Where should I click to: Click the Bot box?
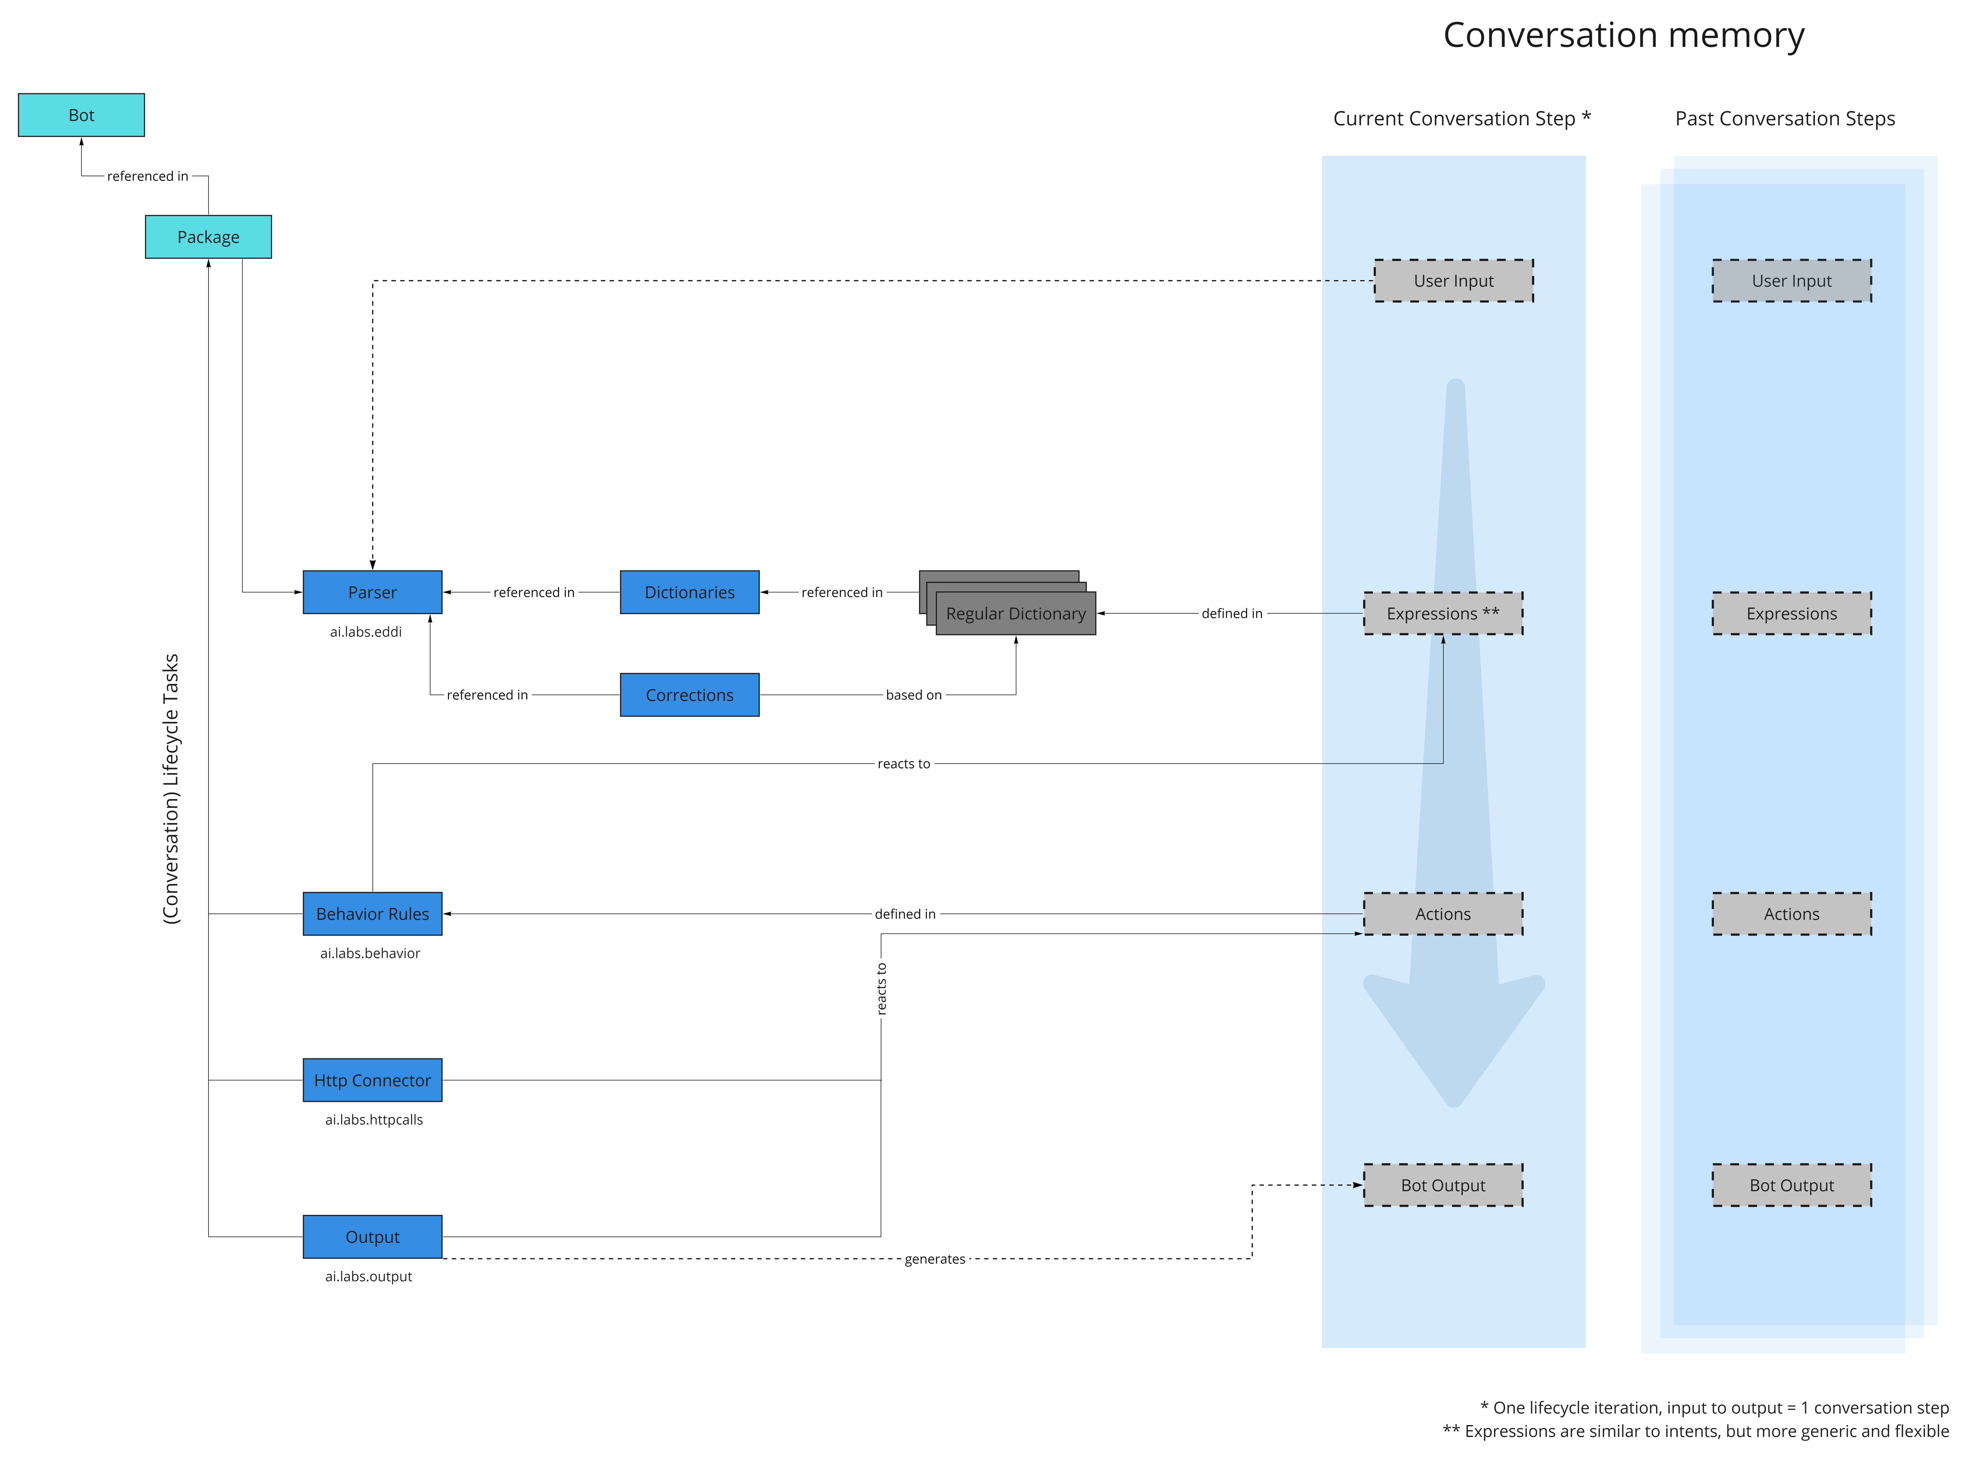click(x=81, y=115)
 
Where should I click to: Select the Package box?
click(x=208, y=236)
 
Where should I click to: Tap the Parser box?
click(x=372, y=592)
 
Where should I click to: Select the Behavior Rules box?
click(x=372, y=914)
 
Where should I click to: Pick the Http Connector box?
click(x=372, y=1080)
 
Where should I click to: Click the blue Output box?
click(x=372, y=1236)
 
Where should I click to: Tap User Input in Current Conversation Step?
click(x=1454, y=281)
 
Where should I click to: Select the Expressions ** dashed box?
click(x=1443, y=613)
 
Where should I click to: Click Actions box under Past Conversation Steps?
click(x=1792, y=914)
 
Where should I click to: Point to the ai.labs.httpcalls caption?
click(x=374, y=1119)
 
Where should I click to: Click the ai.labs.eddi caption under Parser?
click(x=366, y=632)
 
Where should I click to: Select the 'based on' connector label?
click(x=914, y=695)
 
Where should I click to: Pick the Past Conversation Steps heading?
click(x=1785, y=118)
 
